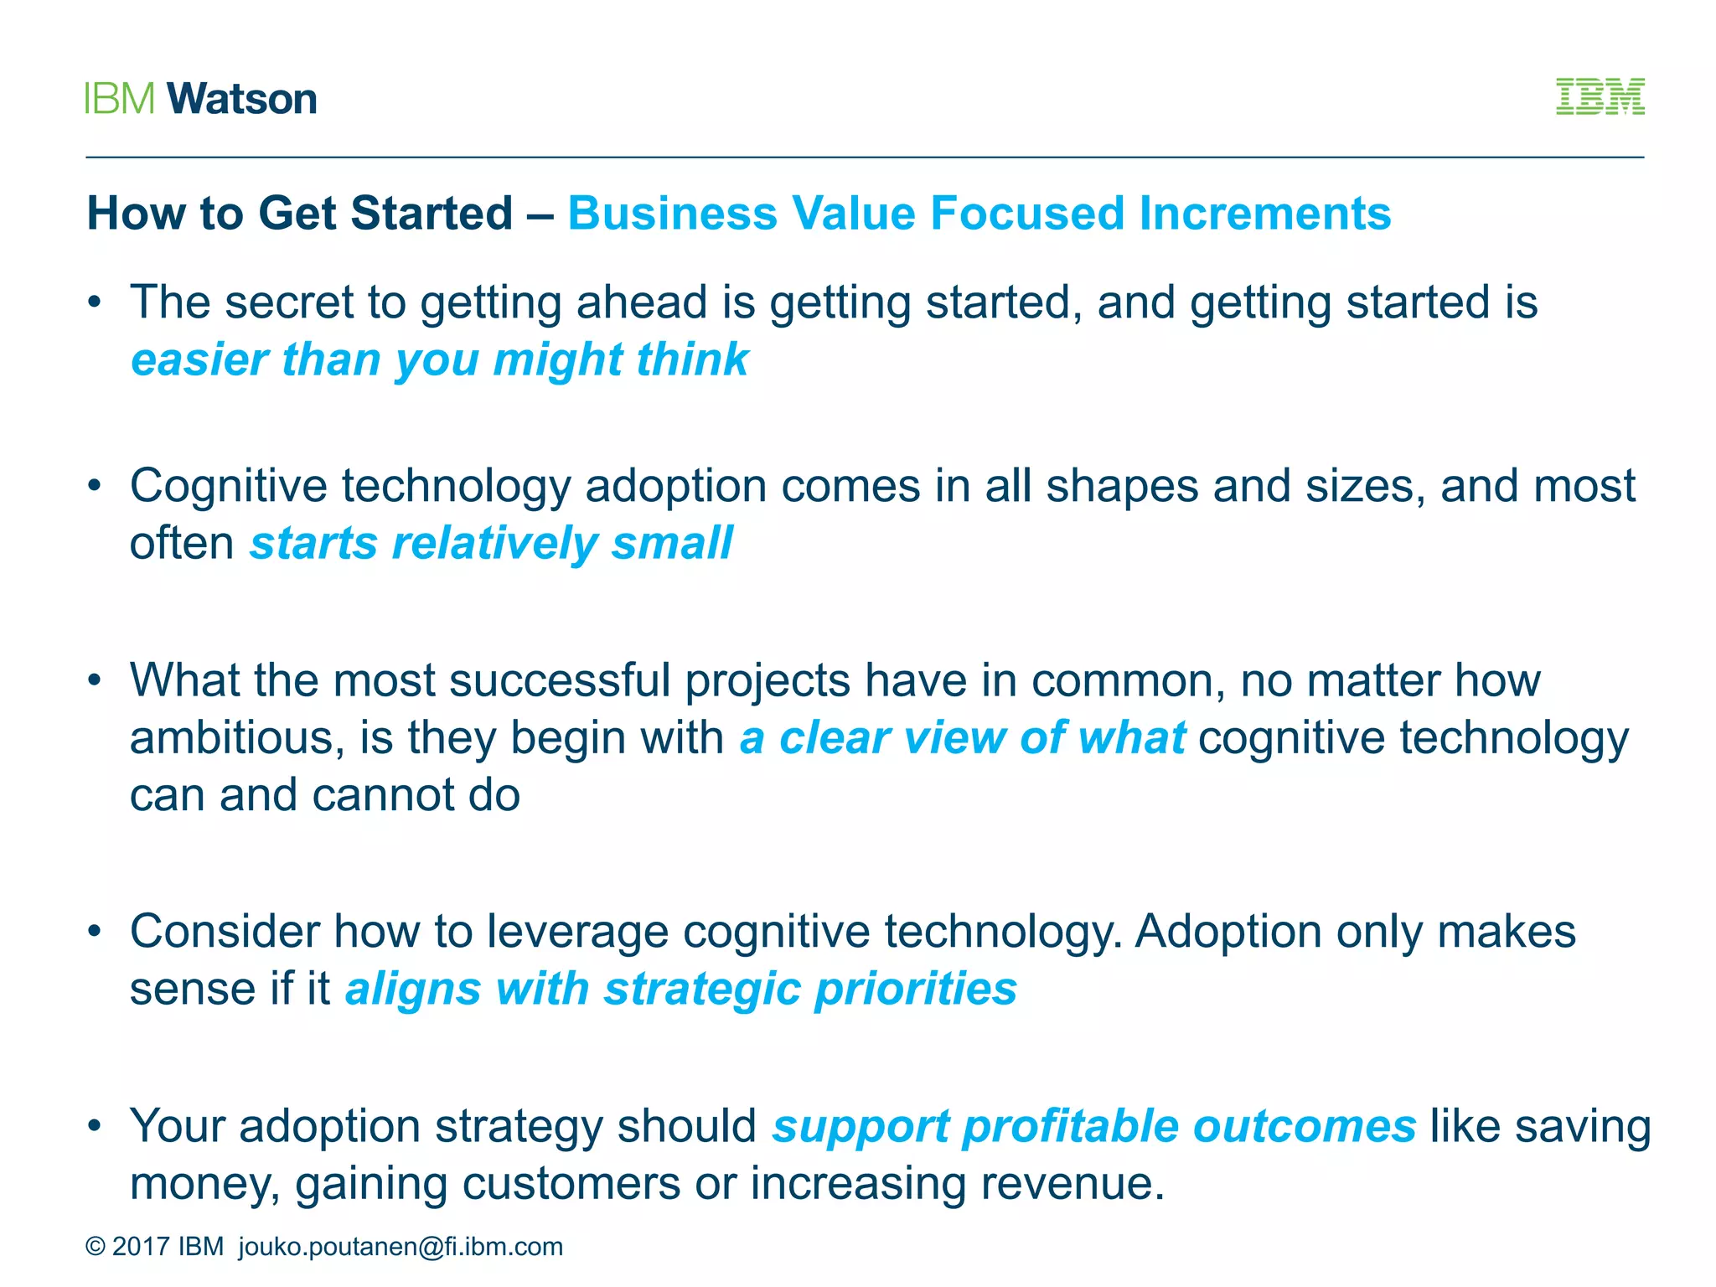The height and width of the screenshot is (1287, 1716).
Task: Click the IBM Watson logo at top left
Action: coord(201,99)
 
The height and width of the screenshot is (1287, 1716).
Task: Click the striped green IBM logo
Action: coord(1600,97)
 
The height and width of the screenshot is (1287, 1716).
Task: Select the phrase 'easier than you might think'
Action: coord(439,359)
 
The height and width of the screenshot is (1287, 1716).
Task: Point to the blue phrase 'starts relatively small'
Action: coord(491,543)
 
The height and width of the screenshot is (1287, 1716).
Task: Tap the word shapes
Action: coord(1122,486)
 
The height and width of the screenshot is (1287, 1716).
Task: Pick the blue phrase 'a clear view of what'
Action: coord(962,738)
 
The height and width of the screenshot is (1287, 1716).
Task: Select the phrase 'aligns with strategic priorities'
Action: coord(680,989)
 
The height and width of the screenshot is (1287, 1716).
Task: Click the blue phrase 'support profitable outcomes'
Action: coord(1093,1126)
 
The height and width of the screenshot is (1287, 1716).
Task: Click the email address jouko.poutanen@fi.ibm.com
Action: coord(401,1247)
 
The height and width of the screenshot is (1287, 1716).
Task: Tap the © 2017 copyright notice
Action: coord(154,1247)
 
